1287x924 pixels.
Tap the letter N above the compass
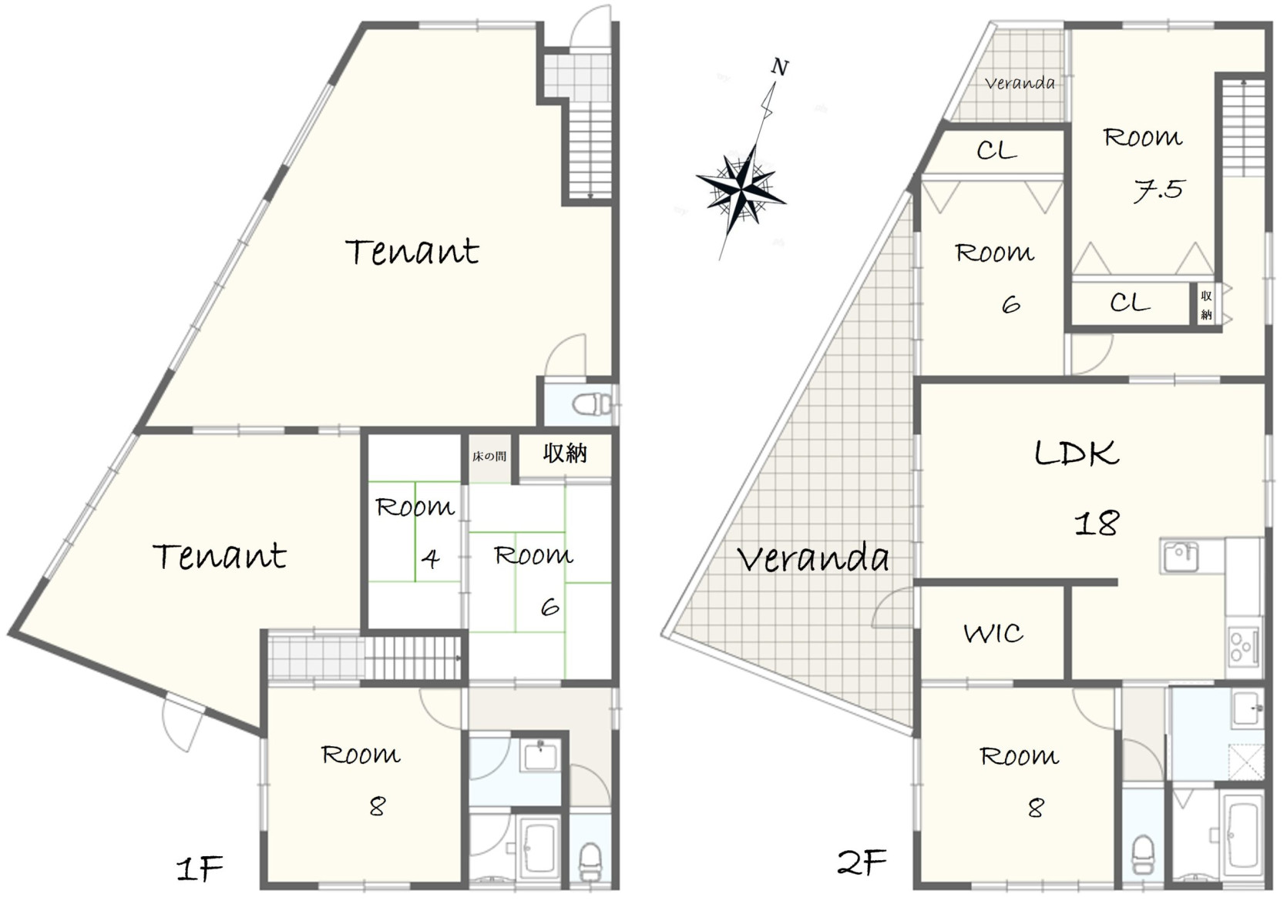pos(780,67)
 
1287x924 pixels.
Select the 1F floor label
pos(200,869)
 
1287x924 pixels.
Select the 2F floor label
pos(862,862)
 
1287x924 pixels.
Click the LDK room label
pos(1077,454)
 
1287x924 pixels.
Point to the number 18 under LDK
pos(1097,523)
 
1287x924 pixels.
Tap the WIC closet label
pos(993,634)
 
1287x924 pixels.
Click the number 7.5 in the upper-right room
pos(1158,190)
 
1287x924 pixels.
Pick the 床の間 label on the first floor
pos(489,457)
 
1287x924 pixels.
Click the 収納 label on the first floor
pos(565,454)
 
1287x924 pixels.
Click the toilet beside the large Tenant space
pos(593,403)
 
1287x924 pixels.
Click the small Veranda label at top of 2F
pos(1020,84)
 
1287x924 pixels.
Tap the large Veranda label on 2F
pos(813,557)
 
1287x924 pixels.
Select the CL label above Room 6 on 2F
pos(997,150)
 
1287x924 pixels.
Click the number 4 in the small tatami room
pos(430,557)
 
